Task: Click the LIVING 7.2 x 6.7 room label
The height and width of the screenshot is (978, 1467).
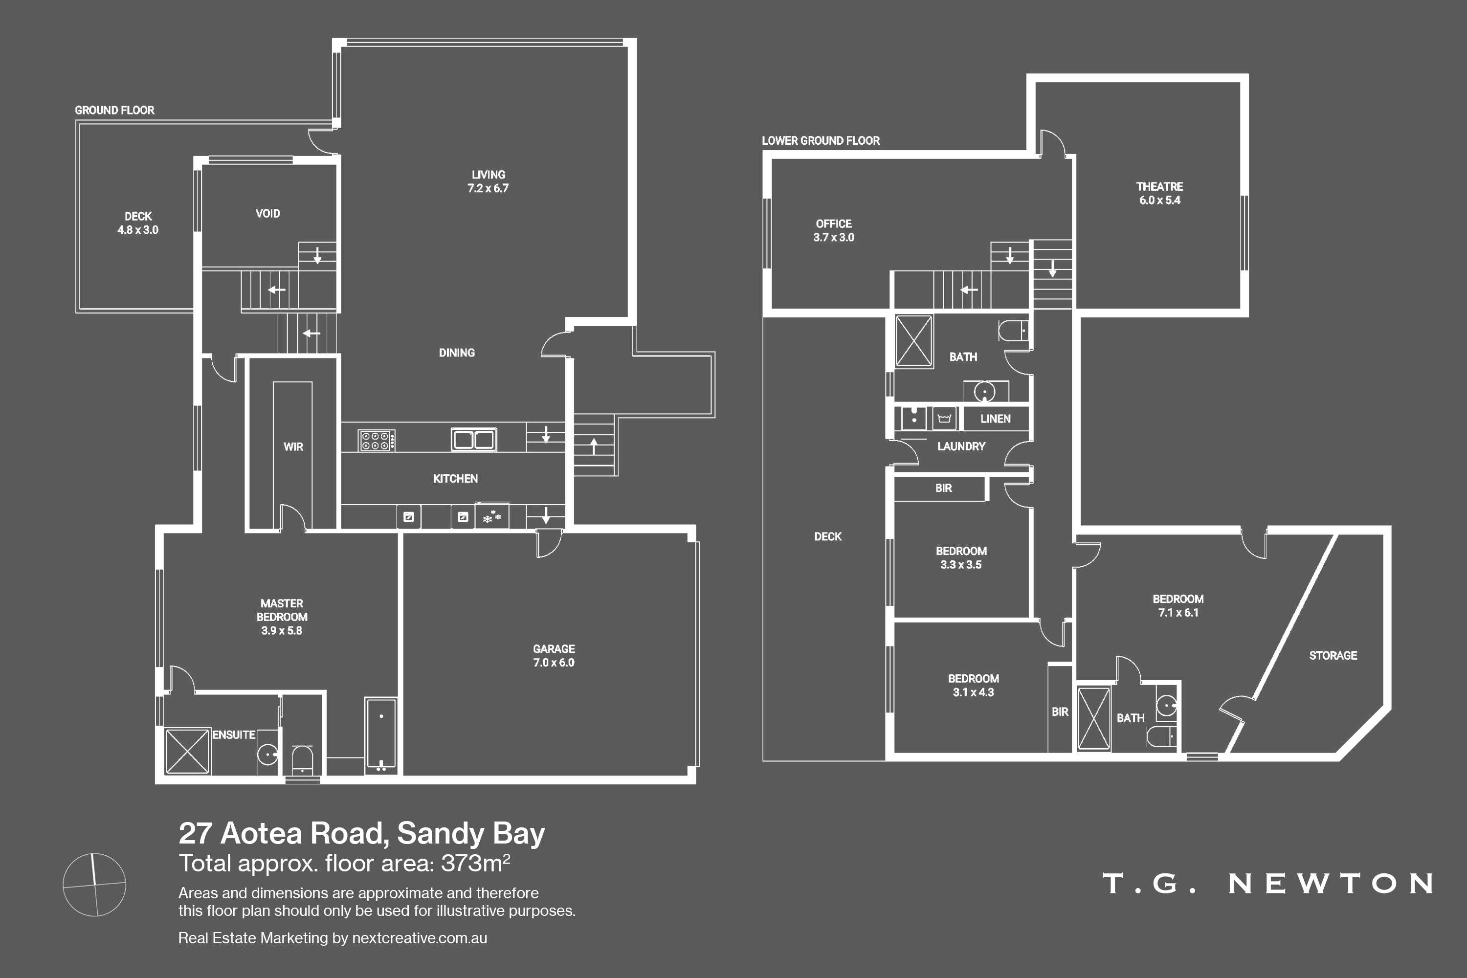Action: coord(489,181)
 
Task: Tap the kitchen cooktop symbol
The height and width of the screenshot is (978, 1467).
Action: coord(376,441)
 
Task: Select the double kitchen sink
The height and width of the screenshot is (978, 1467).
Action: coord(474,439)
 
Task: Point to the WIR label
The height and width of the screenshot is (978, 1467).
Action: coord(293,446)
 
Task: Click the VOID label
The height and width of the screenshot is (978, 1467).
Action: coord(267,213)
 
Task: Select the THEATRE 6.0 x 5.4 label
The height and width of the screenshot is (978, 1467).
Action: coord(1159,193)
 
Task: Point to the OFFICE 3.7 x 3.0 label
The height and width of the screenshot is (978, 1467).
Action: coord(834,230)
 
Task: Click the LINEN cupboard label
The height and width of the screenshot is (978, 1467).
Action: coord(996,419)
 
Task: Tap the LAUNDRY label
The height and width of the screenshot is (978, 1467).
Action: coord(961,446)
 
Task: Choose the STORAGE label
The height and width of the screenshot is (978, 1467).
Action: coord(1333,655)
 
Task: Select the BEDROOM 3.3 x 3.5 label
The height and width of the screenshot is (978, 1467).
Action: coord(961,557)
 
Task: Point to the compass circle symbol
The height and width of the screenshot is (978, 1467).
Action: coord(95,885)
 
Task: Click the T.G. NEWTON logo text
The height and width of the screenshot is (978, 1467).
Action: coord(1267,883)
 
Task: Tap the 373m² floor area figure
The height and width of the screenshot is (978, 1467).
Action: coord(475,863)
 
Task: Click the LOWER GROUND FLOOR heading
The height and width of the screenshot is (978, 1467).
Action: coord(821,140)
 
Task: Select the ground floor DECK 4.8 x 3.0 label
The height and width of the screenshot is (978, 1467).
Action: coord(138,222)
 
